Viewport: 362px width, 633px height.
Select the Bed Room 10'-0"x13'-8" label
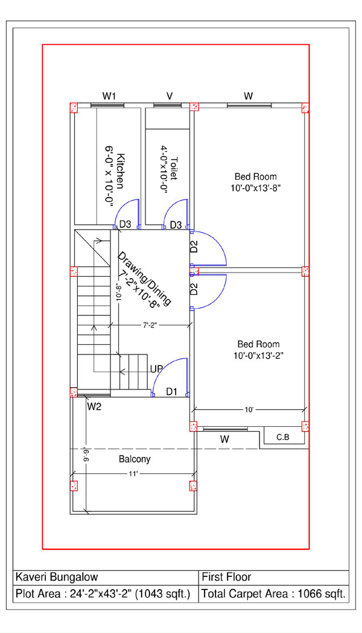(x=256, y=182)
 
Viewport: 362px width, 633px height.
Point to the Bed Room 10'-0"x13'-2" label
(x=258, y=350)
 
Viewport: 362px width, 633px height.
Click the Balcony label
(x=135, y=459)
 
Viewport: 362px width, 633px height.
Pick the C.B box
(x=283, y=437)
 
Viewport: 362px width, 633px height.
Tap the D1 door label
(x=172, y=391)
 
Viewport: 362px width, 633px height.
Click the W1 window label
(x=109, y=96)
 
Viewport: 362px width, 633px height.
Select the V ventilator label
(x=170, y=96)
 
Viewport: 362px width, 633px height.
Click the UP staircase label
(x=157, y=369)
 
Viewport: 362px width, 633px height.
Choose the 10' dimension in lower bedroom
(x=249, y=410)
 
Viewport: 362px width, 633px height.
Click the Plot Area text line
(x=103, y=594)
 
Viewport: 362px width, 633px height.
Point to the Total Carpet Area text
(x=273, y=594)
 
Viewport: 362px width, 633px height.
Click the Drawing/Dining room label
(x=144, y=280)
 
